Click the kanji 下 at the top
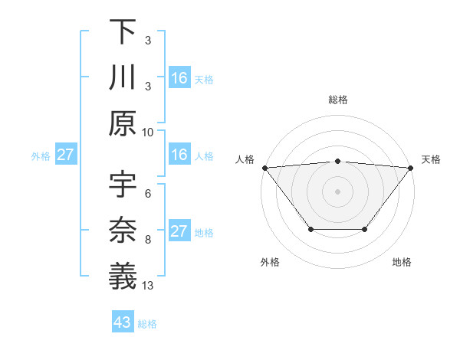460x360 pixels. [123, 31]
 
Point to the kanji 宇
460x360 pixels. [123, 185]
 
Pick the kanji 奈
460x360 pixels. [123, 230]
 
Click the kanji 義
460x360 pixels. [123, 275]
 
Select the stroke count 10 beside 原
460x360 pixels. [148, 132]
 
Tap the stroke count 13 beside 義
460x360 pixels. [148, 285]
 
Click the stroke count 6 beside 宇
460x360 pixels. [148, 195]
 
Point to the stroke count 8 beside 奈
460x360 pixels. [148, 240]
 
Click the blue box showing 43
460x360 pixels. [122, 322]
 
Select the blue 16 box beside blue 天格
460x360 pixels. [179, 77]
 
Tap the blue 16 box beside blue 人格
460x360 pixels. [179, 155]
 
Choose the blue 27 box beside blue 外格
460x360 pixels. [65, 155]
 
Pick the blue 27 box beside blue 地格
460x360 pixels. [179, 231]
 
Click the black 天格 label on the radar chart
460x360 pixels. [431, 159]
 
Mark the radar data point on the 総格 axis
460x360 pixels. [337, 161]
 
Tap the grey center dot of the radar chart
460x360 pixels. [337, 191]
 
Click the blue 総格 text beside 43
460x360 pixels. [147, 324]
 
